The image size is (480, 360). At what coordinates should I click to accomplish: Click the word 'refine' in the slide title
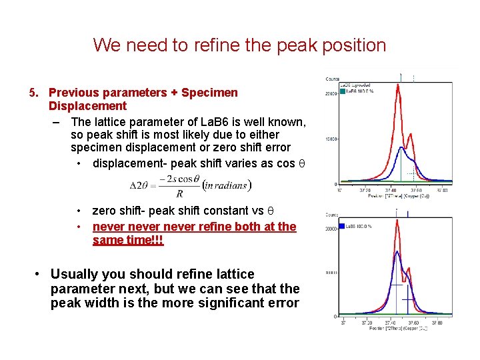[225, 45]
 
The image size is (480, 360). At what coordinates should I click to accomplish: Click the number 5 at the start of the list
[32, 93]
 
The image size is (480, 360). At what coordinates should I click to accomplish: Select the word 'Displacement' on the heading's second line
[87, 106]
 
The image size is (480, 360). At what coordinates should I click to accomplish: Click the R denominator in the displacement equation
[179, 194]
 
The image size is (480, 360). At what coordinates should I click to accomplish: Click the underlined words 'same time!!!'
[128, 240]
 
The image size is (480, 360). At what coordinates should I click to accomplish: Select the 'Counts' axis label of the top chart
[333, 79]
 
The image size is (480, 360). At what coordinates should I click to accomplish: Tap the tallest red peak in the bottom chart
[397, 223]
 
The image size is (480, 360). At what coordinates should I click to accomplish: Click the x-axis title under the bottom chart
[389, 329]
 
